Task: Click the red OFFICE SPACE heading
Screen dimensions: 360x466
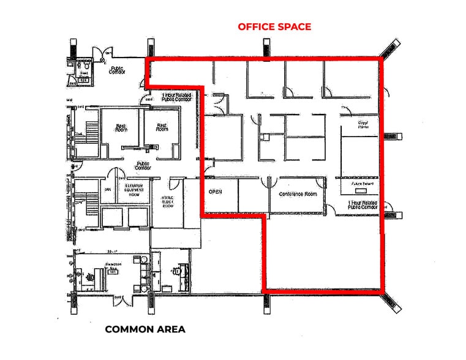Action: coord(274,26)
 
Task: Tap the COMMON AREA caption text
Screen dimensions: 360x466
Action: coord(145,329)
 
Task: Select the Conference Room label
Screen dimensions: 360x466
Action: coord(298,193)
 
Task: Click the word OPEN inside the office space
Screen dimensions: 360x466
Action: coord(215,192)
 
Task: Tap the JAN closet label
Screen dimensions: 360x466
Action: coord(108,190)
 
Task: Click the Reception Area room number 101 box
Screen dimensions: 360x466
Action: coord(112,272)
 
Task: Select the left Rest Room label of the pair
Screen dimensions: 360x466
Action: coord(121,127)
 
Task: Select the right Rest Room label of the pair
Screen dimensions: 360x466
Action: coord(162,127)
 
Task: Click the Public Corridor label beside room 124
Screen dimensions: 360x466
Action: coord(116,70)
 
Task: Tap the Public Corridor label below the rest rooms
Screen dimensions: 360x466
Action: coord(143,165)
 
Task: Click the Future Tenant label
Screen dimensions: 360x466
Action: coord(360,183)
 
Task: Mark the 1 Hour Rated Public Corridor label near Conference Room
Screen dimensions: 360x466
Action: coord(363,204)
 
